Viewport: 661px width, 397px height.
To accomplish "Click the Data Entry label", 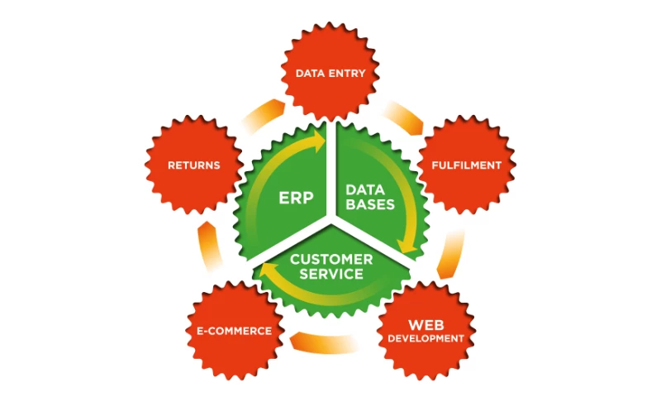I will (x=330, y=74).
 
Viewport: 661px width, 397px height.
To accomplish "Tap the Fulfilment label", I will (x=466, y=165).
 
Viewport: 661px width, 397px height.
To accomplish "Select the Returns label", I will (x=194, y=165).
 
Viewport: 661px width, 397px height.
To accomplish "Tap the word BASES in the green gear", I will (x=369, y=203).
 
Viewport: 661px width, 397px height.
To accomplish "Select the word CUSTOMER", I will (x=330, y=259).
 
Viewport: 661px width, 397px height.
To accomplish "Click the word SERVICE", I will (x=330, y=274).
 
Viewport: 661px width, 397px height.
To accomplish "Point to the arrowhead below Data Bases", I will (x=405, y=246).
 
